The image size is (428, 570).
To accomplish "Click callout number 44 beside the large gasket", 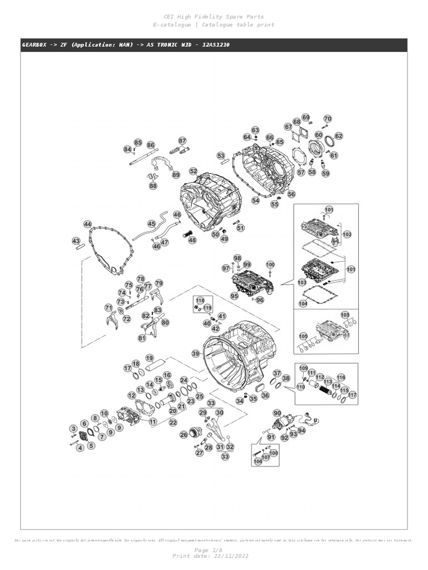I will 87,224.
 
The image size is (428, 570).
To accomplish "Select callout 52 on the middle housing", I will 193,171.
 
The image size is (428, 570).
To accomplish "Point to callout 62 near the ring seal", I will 338,136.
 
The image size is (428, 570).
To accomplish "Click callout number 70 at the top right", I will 328,119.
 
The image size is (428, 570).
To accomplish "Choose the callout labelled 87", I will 182,141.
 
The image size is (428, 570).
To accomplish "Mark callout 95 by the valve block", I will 234,297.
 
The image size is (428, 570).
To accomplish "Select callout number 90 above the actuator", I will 277,412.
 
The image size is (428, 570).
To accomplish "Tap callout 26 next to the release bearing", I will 183,435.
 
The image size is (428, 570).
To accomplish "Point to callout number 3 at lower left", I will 73,428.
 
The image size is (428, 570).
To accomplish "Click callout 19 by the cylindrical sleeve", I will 149,358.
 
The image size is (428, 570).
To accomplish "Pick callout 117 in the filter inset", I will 352,395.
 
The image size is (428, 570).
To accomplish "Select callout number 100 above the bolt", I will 270,264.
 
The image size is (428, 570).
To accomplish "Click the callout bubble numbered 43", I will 76,240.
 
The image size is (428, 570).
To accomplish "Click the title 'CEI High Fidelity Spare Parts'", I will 214,17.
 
